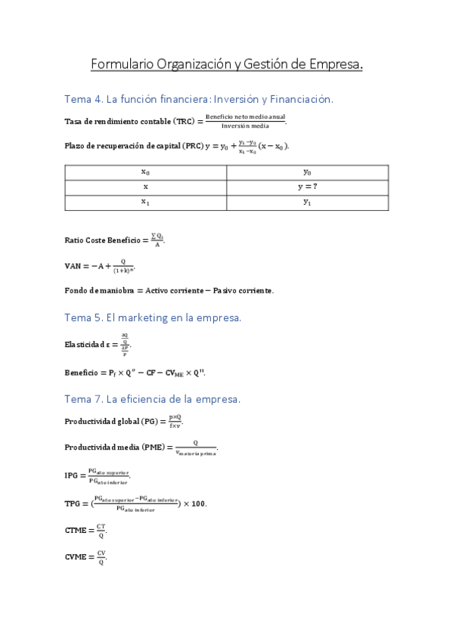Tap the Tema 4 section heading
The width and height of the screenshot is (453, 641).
tap(200, 99)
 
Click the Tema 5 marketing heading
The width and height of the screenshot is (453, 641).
tap(153, 318)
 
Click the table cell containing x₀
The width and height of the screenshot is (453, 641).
tap(145, 172)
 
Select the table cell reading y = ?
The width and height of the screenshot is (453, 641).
tap(307, 187)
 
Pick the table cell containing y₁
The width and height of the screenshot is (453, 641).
tap(307, 202)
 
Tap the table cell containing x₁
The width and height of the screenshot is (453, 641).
tap(145, 202)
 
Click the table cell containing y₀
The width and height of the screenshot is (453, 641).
tap(307, 172)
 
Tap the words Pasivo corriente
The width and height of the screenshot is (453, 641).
tap(243, 290)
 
